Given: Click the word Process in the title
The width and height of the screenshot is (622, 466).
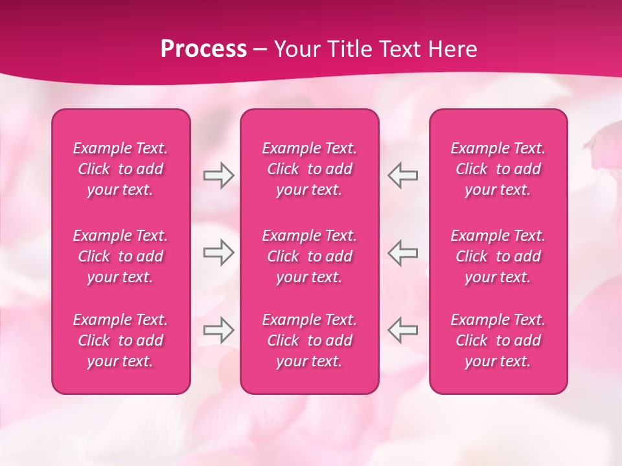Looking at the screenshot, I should (203, 49).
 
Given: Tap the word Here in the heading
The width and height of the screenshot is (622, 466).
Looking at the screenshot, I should (454, 49).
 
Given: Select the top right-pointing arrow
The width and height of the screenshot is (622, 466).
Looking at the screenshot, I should (218, 175).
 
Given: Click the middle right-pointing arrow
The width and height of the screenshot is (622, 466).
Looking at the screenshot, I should (218, 252).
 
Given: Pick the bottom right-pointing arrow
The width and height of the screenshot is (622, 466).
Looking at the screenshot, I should (218, 329).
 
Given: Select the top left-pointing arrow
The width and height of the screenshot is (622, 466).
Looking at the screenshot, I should (403, 175).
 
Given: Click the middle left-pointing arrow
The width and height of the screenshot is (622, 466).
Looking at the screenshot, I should (403, 252).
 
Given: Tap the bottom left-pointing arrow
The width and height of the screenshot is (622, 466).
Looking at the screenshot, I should (403, 329).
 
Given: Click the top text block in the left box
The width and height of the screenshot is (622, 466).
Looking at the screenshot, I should (121, 169).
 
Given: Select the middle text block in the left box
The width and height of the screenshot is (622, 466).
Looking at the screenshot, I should (121, 256).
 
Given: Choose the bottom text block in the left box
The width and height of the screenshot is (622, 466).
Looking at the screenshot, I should (121, 340).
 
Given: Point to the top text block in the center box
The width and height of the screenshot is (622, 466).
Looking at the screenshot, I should (310, 169).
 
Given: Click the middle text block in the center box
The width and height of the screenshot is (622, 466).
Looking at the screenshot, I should (310, 256).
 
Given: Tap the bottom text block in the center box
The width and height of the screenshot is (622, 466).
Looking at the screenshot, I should (310, 340).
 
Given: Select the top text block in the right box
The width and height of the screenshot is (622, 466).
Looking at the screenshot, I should (498, 169).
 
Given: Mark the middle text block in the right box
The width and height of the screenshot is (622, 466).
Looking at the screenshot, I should (498, 256).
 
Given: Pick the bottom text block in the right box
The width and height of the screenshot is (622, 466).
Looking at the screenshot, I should (498, 340).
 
